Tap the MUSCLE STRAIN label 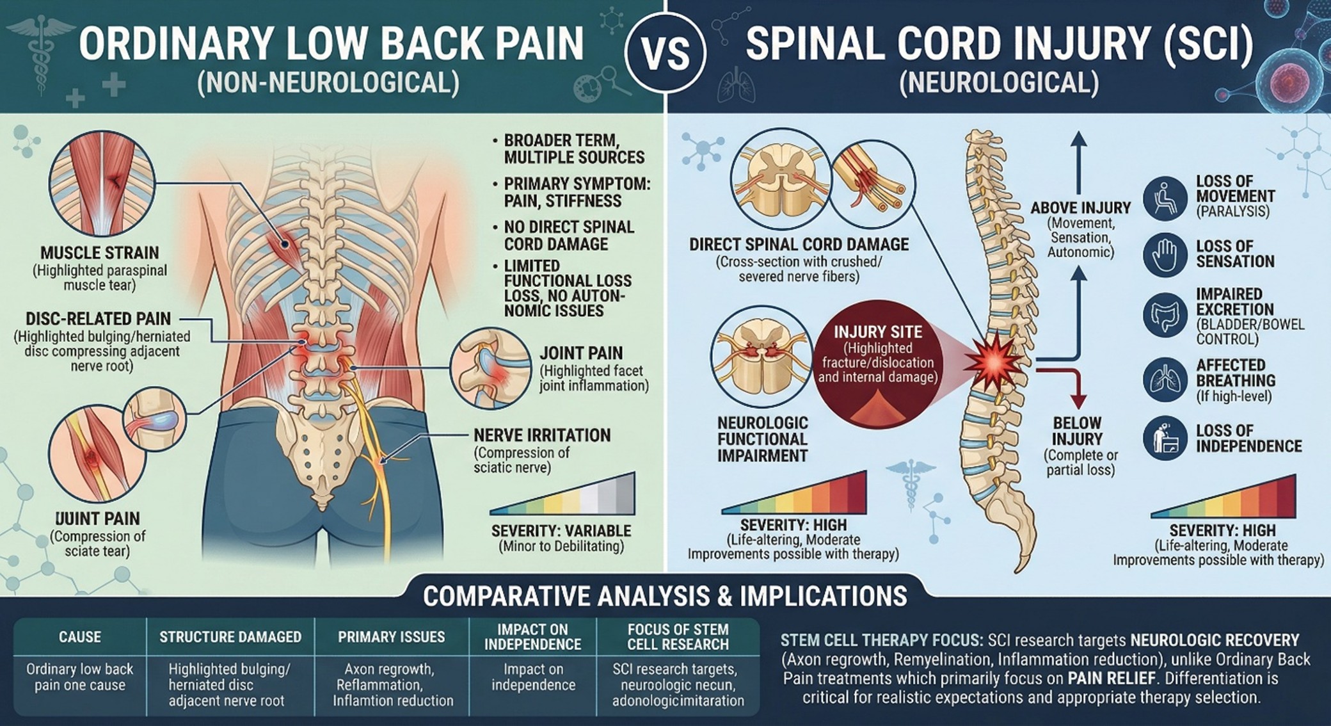click(x=100, y=253)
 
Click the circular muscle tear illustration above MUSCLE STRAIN click(x=102, y=184)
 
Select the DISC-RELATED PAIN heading click(x=99, y=319)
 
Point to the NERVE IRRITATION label click(x=542, y=436)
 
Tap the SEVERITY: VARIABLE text click(x=561, y=531)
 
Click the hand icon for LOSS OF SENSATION click(x=1165, y=254)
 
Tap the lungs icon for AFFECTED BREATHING click(x=1165, y=380)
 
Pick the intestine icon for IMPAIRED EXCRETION click(x=1165, y=316)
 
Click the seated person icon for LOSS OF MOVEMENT click(x=1165, y=199)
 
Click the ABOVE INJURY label click(x=1081, y=208)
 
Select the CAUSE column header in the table click(x=80, y=637)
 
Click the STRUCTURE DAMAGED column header click(x=230, y=637)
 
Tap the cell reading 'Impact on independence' click(x=533, y=677)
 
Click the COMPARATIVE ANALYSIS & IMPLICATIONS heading click(x=665, y=596)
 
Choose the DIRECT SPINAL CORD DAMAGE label click(x=799, y=245)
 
